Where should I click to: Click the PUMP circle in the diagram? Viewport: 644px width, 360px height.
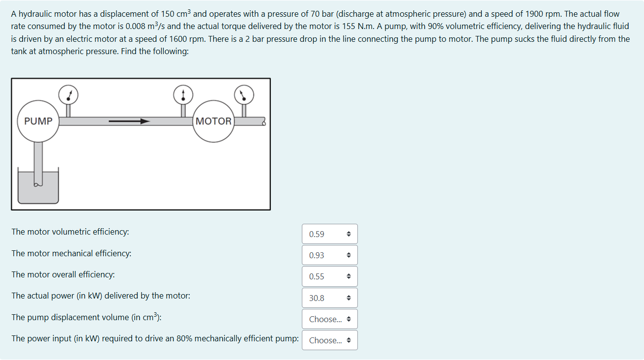pos(38,121)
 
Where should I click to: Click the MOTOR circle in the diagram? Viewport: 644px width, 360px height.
pos(213,121)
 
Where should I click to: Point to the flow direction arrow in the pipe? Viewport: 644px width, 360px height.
pos(129,121)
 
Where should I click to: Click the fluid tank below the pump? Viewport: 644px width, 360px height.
pos(38,189)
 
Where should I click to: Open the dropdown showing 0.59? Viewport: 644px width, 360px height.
pos(329,234)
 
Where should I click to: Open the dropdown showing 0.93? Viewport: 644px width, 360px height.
pos(329,255)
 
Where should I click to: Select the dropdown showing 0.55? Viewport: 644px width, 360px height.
pos(329,276)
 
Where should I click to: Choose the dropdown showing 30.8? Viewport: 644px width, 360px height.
pos(329,298)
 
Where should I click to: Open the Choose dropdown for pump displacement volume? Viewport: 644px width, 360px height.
pos(329,319)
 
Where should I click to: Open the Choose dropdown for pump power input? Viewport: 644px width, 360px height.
pos(329,340)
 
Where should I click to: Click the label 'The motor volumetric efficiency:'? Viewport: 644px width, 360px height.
pos(70,232)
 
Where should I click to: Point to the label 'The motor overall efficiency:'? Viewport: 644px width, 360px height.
pos(63,274)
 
